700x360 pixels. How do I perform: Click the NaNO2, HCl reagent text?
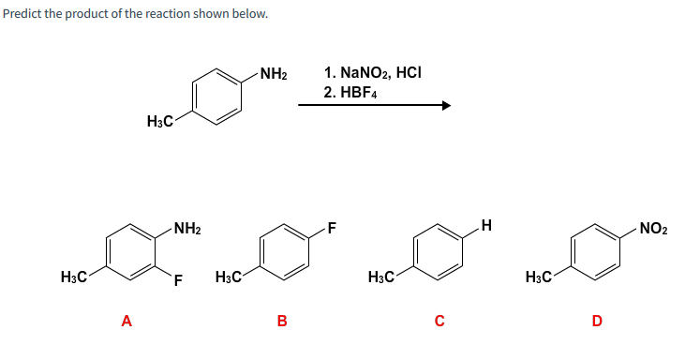(x=372, y=72)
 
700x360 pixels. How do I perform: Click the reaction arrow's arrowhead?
(x=446, y=106)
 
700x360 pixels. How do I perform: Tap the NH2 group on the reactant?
(x=273, y=73)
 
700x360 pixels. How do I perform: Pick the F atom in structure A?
(x=177, y=279)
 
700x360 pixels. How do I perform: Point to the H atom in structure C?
(x=484, y=224)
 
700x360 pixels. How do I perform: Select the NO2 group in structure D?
(x=653, y=228)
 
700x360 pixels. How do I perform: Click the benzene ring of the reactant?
(x=217, y=97)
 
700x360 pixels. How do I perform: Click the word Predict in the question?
(x=21, y=14)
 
